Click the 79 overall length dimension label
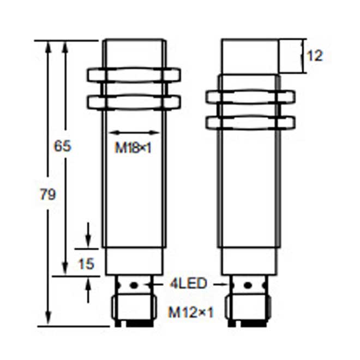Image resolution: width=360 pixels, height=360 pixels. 48,195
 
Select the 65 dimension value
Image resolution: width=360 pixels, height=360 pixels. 62,146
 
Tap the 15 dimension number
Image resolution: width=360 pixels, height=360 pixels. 85,264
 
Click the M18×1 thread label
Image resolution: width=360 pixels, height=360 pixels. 133,148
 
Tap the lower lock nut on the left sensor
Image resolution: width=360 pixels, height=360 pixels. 133,102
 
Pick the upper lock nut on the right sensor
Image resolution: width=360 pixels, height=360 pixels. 250,97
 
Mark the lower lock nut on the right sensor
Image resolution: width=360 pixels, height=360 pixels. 250,122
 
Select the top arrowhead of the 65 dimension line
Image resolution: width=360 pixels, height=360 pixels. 66,45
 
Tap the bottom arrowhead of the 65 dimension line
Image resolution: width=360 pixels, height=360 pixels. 66,271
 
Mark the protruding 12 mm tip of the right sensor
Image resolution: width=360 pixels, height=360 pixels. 250,56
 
